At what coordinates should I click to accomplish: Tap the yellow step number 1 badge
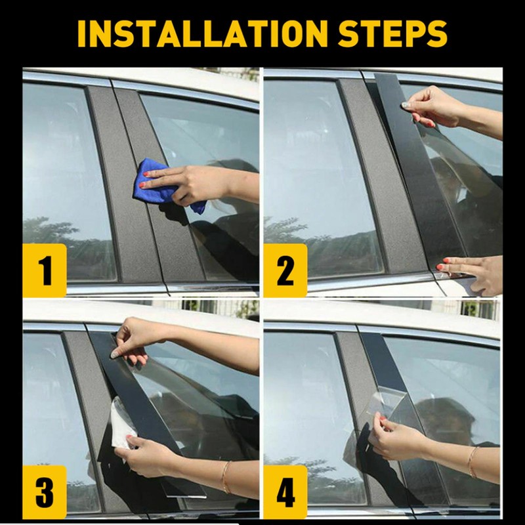tap(44, 270)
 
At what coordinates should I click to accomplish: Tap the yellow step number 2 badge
tap(285, 270)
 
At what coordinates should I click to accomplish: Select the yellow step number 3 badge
tap(44, 492)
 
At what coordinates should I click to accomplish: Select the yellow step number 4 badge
tap(285, 492)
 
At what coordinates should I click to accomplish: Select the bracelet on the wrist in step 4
tap(471, 461)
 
